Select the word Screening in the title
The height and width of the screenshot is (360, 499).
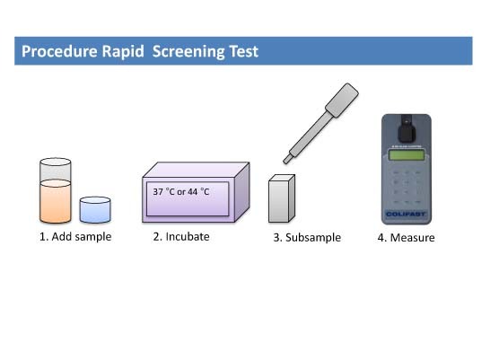click(x=191, y=51)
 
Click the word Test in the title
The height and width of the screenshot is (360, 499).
click(x=243, y=51)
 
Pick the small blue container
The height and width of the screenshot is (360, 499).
click(x=94, y=209)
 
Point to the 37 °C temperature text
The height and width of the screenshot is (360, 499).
click(x=162, y=190)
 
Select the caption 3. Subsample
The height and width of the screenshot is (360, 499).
click(x=307, y=238)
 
